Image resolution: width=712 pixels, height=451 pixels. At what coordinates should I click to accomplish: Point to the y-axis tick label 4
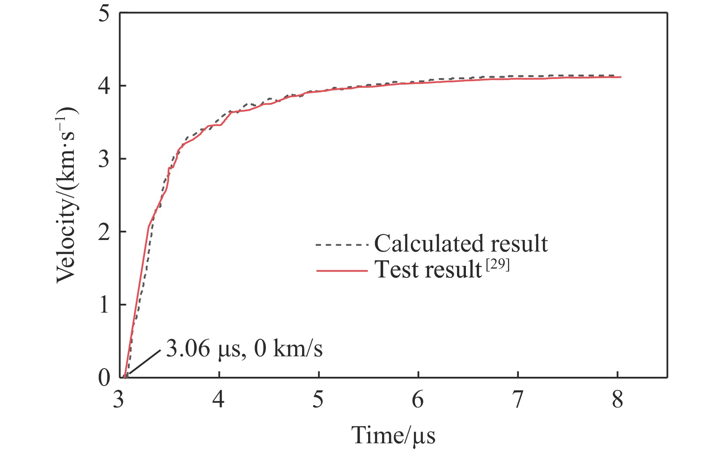[104, 86]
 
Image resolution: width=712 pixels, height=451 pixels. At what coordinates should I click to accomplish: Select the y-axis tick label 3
[104, 159]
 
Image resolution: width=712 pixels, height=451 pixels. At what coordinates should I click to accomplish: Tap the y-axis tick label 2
[104, 232]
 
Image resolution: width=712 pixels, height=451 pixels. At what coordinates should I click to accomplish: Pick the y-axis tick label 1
[104, 305]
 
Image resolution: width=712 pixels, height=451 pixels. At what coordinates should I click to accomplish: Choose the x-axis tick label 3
[119, 400]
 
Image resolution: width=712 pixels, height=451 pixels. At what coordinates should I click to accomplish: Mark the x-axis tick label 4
[219, 400]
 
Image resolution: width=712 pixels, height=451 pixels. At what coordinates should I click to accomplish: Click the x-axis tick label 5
[318, 400]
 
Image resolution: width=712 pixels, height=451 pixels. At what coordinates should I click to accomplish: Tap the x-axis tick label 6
[418, 400]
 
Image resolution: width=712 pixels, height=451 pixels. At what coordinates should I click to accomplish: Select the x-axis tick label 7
[517, 400]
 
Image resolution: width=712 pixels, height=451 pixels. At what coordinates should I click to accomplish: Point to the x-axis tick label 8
[617, 400]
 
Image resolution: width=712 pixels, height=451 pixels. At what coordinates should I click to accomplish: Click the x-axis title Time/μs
[393, 436]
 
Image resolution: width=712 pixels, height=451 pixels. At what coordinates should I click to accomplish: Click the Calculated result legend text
[461, 244]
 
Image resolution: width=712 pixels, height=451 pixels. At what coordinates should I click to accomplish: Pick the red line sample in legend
[341, 271]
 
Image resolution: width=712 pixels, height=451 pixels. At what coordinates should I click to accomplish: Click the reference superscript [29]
[498, 265]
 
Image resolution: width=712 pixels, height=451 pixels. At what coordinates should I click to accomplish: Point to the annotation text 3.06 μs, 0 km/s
[244, 349]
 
